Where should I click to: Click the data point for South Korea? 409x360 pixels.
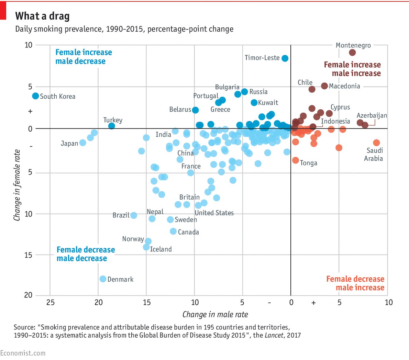(x=35, y=96)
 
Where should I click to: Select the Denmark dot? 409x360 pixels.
(x=103, y=279)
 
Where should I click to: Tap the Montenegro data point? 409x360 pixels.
(x=352, y=53)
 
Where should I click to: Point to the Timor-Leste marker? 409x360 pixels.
(x=285, y=58)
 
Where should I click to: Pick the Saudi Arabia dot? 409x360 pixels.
(x=376, y=143)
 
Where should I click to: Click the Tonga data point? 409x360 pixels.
(x=296, y=160)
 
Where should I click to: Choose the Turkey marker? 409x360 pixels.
(x=111, y=126)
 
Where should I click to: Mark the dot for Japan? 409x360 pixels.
(x=82, y=143)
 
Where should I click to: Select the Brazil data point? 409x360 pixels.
(x=134, y=215)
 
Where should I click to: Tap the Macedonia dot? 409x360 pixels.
(x=324, y=86)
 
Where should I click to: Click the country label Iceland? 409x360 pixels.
(x=161, y=249)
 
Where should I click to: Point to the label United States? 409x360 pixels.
(x=214, y=213)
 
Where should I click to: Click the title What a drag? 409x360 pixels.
(x=42, y=16)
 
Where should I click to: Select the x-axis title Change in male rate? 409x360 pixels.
(x=215, y=314)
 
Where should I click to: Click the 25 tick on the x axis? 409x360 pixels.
(x=50, y=302)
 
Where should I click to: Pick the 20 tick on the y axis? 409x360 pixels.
(x=28, y=295)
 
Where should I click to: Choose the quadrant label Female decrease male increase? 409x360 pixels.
(x=355, y=283)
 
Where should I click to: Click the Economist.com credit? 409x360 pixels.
(x=23, y=353)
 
